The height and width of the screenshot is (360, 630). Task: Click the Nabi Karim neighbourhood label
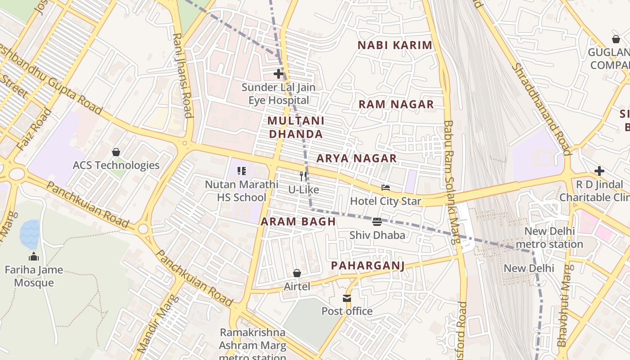[x=395, y=45]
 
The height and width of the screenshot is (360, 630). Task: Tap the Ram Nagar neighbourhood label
[x=396, y=104]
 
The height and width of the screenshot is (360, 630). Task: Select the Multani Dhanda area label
[x=296, y=127]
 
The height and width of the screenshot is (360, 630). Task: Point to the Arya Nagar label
[x=356, y=158]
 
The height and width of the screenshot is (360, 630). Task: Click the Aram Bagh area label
[x=298, y=221]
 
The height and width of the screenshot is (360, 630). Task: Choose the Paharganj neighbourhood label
[x=368, y=265]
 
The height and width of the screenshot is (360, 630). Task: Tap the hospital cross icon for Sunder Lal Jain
[x=279, y=73]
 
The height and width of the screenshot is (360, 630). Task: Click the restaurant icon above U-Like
[x=304, y=176]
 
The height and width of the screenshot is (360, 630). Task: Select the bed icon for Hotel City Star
[x=386, y=188]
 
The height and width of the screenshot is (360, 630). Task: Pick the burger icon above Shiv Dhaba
[x=377, y=221]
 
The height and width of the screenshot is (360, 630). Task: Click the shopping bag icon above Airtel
[x=297, y=273]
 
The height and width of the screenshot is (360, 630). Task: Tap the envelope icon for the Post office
[x=347, y=298]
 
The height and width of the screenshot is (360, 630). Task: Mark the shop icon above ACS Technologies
[x=116, y=152]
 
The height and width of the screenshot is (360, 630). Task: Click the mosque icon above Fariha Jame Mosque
[x=34, y=257]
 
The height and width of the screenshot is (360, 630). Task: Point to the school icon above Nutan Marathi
[x=242, y=171]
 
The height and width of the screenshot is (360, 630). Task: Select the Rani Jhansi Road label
[x=183, y=75]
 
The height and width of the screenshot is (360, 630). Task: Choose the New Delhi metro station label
[x=549, y=238]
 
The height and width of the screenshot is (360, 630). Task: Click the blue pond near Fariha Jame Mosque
[x=29, y=234]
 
